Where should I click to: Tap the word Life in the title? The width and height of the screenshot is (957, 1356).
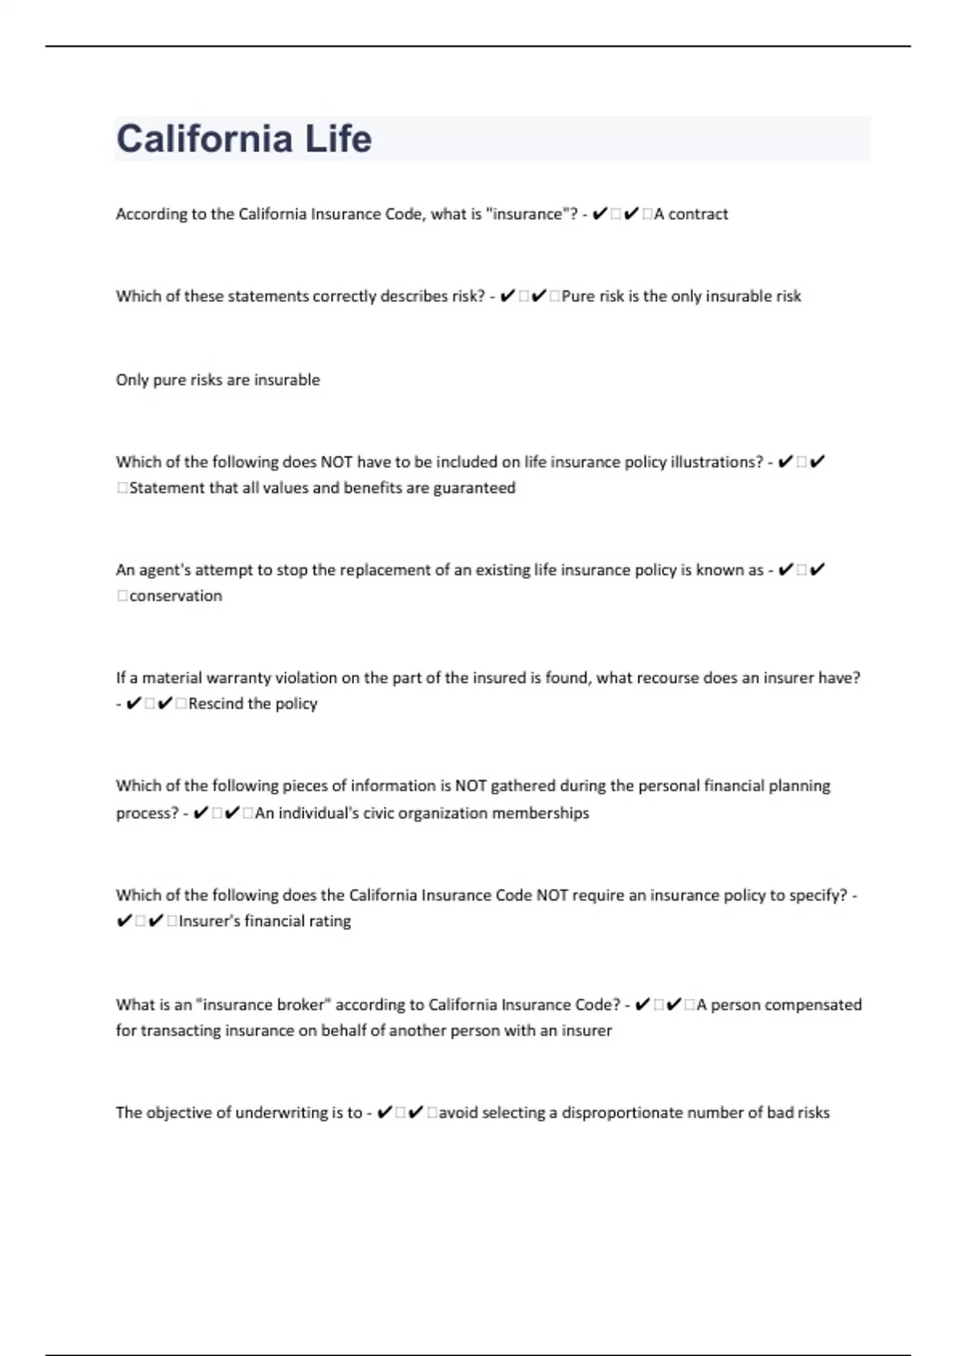tap(338, 139)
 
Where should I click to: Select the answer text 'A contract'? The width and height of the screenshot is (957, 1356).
tap(691, 214)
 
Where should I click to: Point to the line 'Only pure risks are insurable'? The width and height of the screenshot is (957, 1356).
tap(218, 380)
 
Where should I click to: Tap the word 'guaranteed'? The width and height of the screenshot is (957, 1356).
tap(474, 487)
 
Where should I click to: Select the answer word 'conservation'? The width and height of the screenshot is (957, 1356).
tap(175, 596)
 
